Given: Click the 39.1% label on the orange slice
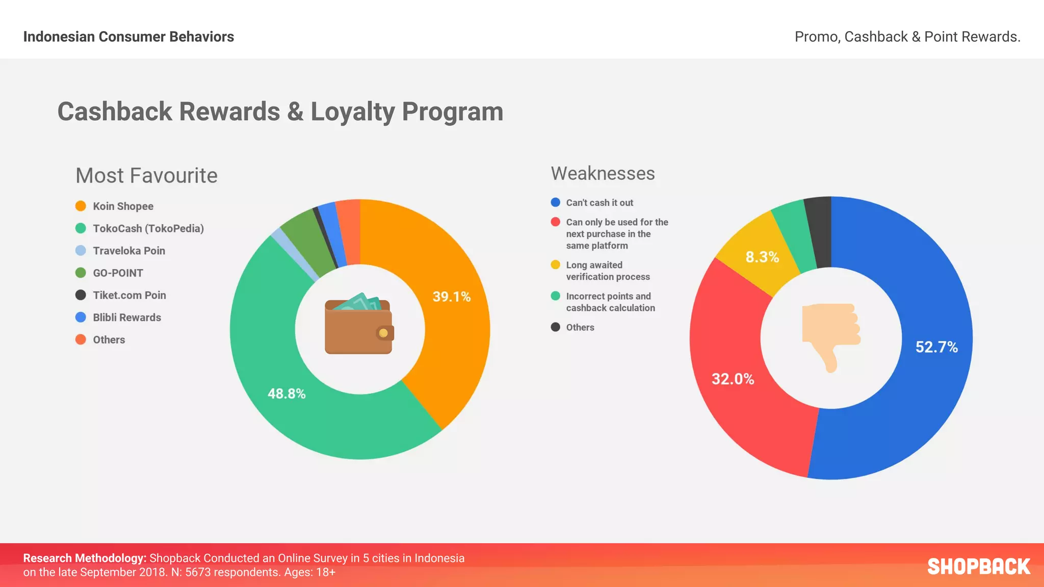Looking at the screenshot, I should (x=451, y=297).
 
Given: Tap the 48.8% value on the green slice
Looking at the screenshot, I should (x=286, y=393).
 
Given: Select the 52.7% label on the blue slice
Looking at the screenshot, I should (x=936, y=347).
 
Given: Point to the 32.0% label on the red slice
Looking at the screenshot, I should (x=733, y=379).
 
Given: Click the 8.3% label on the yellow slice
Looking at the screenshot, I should (x=762, y=257).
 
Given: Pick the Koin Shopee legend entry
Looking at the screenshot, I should (x=123, y=206).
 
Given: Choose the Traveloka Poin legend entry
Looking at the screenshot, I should (x=128, y=251).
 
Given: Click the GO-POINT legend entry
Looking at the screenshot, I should (x=118, y=273).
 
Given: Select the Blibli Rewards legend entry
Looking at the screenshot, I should (x=126, y=317).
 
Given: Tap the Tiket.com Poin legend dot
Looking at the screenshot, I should (x=81, y=295).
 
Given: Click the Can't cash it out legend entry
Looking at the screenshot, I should (x=599, y=203).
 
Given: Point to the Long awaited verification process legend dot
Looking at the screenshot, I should (x=556, y=265).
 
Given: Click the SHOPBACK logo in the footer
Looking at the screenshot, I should (x=978, y=567).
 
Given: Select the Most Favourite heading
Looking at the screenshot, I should (x=146, y=176).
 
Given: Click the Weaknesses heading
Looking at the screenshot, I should (x=603, y=174).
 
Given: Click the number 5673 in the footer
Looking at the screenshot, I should (x=197, y=572).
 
